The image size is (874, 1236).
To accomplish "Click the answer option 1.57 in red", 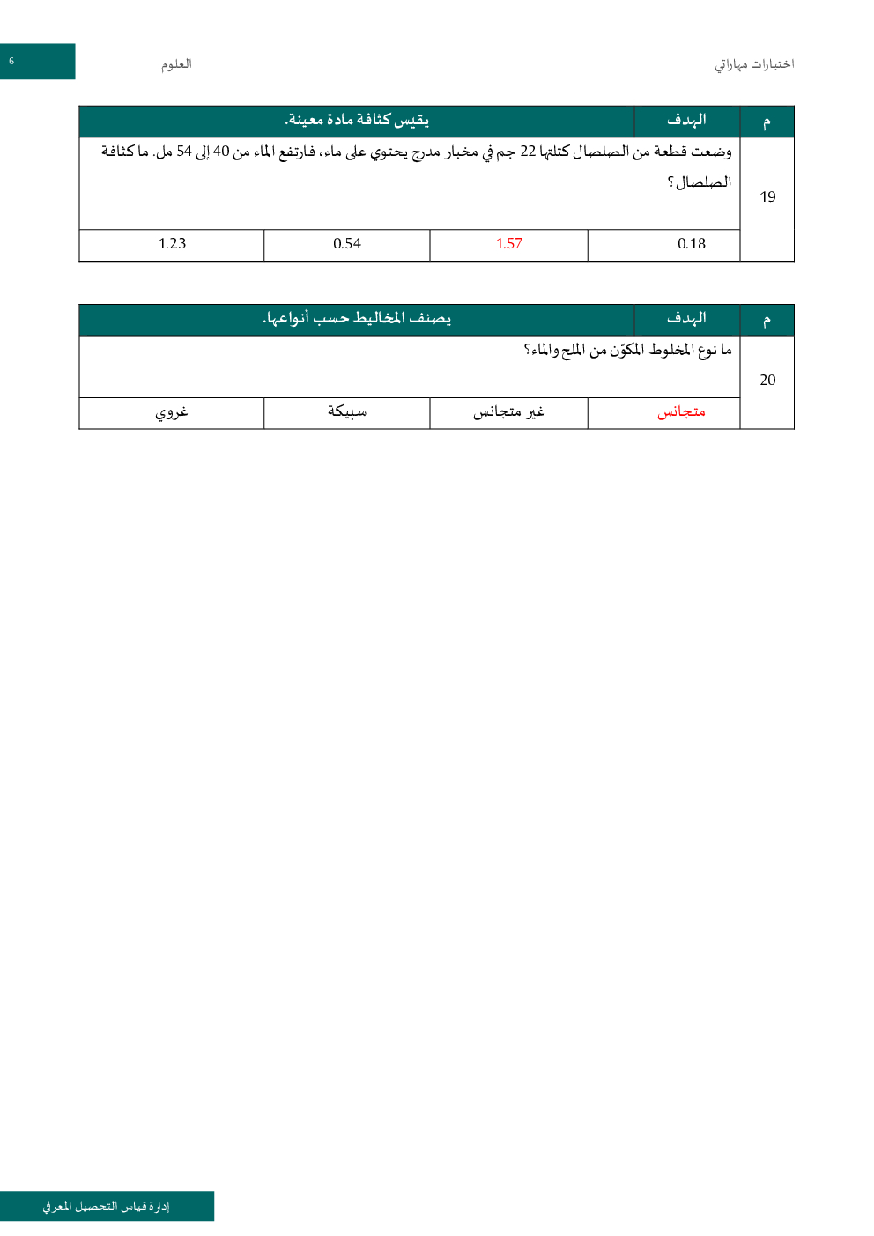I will (508, 244).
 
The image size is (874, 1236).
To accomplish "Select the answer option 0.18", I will (692, 244).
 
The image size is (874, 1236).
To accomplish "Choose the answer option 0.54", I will (347, 244).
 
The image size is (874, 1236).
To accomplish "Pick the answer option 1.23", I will (172, 244).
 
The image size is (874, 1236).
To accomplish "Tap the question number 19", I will (767, 197).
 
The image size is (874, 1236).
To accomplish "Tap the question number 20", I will (767, 380).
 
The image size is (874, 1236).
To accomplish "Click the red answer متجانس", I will (681, 412).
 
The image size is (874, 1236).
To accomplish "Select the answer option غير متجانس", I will (508, 412).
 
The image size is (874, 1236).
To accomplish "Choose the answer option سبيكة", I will (347, 412).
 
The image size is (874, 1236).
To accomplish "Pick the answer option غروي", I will (172, 412).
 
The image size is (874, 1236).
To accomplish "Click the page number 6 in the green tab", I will (11, 62).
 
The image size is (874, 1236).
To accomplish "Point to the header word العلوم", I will (176, 64).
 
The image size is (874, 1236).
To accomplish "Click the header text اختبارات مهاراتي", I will (754, 64).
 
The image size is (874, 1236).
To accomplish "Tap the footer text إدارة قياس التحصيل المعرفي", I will (107, 1206).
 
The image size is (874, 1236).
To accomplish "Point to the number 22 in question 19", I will (528, 152).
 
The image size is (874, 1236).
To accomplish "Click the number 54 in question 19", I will (184, 152).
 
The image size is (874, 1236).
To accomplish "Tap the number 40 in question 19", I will (221, 152).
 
